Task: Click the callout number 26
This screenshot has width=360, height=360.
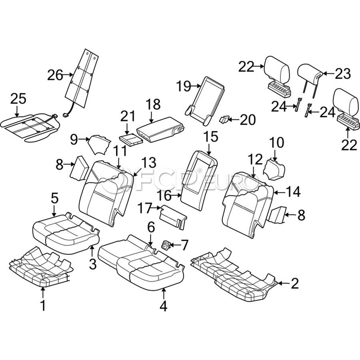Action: pos(55,75)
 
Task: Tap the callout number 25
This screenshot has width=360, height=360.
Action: pos(18,99)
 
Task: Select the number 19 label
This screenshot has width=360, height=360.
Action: pos(184,86)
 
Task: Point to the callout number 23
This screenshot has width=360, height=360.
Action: pos(343,74)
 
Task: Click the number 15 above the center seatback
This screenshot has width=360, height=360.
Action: pos(211,137)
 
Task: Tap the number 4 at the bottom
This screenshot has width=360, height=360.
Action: pos(163,306)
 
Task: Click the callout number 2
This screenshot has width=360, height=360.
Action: pos(294,283)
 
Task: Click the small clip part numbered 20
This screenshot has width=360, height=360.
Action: pos(224,119)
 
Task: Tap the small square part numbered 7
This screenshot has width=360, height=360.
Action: pos(165,245)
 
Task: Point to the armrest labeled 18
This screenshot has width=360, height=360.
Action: pos(160,130)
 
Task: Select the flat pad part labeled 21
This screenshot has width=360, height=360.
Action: pos(131,140)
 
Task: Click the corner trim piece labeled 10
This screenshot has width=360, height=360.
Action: pos(275,169)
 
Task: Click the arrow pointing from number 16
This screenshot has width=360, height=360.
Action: pos(176,195)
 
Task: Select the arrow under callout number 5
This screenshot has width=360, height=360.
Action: pos(54,211)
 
